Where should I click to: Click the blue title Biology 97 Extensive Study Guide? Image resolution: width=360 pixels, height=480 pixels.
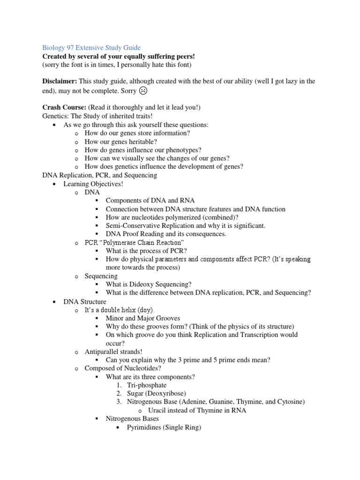tap(91, 48)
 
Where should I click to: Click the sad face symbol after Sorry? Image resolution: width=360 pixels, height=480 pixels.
tap(142, 90)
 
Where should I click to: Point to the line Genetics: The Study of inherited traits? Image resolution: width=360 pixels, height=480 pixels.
tap(97, 116)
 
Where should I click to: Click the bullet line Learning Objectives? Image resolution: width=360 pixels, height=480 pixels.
tap(93, 184)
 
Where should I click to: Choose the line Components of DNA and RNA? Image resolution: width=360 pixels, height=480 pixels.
tap(150, 201)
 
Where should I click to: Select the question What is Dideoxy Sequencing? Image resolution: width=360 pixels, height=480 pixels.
tap(149, 284)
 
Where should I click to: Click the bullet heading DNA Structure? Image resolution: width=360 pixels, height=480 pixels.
tap(85, 301)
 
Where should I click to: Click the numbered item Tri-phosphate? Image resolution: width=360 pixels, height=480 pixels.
tap(147, 385)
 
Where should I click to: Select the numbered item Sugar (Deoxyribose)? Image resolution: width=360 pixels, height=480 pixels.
tap(156, 393)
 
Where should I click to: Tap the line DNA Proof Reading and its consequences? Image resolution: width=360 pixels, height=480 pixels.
tap(166, 233)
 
